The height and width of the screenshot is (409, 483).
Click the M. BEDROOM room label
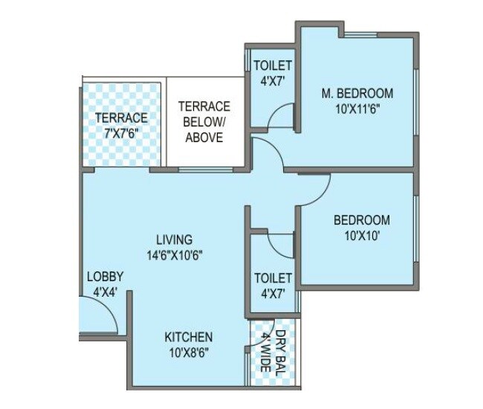[x=357, y=94]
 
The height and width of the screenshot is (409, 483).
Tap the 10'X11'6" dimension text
[x=357, y=109]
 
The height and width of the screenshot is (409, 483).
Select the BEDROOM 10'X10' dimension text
[x=361, y=236]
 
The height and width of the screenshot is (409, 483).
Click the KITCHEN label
[x=188, y=337]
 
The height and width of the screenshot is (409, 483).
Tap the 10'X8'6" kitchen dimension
[x=188, y=352]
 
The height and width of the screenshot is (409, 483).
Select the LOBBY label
[x=105, y=277]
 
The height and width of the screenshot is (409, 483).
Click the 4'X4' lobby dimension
[x=105, y=292]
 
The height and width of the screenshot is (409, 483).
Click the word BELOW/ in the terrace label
[x=204, y=122]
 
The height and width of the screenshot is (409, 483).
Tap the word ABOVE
[x=204, y=138]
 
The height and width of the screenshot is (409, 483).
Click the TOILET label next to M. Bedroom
[x=273, y=66]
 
